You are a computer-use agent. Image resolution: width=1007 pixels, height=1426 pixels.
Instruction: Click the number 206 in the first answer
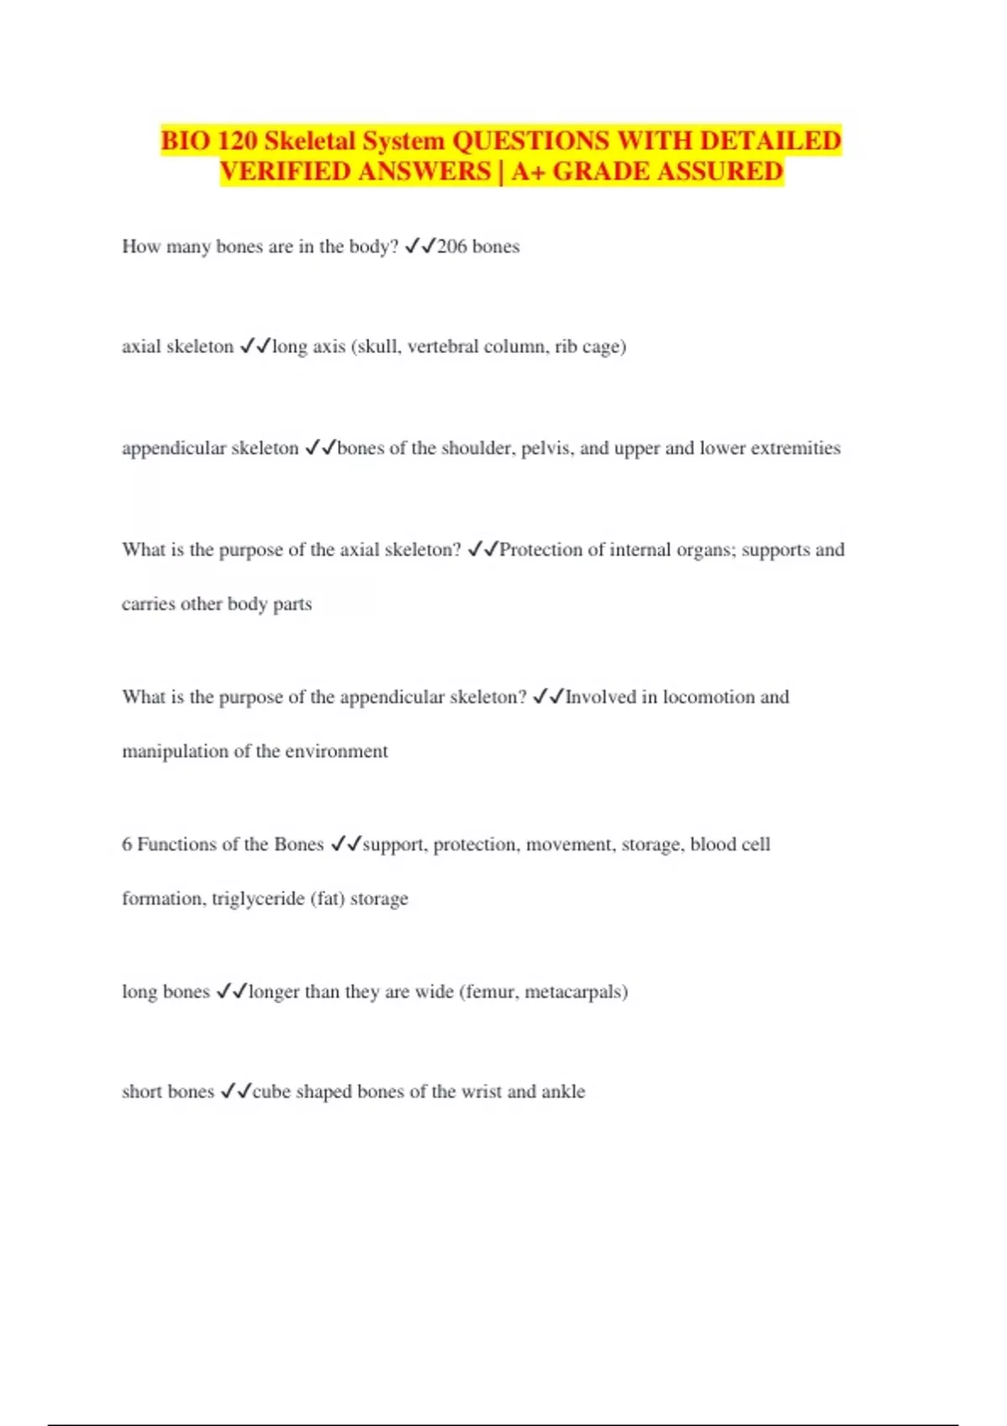coord(451,247)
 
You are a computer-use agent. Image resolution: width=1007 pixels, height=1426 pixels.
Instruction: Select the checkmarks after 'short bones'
coord(235,1091)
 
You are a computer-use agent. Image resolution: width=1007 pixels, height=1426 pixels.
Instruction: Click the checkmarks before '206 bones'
coord(420,247)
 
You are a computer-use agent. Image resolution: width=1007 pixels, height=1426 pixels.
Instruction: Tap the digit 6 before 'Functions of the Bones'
coord(127,845)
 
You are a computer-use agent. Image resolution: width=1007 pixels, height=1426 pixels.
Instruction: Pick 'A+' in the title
coord(528,171)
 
